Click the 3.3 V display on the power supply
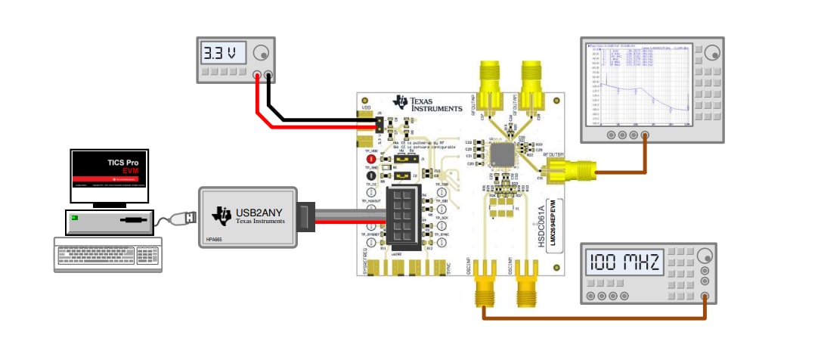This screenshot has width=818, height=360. point(224,54)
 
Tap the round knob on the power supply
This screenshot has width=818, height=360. point(262,53)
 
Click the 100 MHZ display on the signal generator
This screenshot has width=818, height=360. point(624,264)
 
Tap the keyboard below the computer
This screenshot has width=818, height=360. point(108,254)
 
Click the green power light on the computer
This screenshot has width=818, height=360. point(74,218)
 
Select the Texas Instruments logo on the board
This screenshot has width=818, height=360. point(427,104)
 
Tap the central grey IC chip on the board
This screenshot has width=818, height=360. point(502,154)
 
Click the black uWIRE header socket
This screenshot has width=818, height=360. point(402,216)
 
